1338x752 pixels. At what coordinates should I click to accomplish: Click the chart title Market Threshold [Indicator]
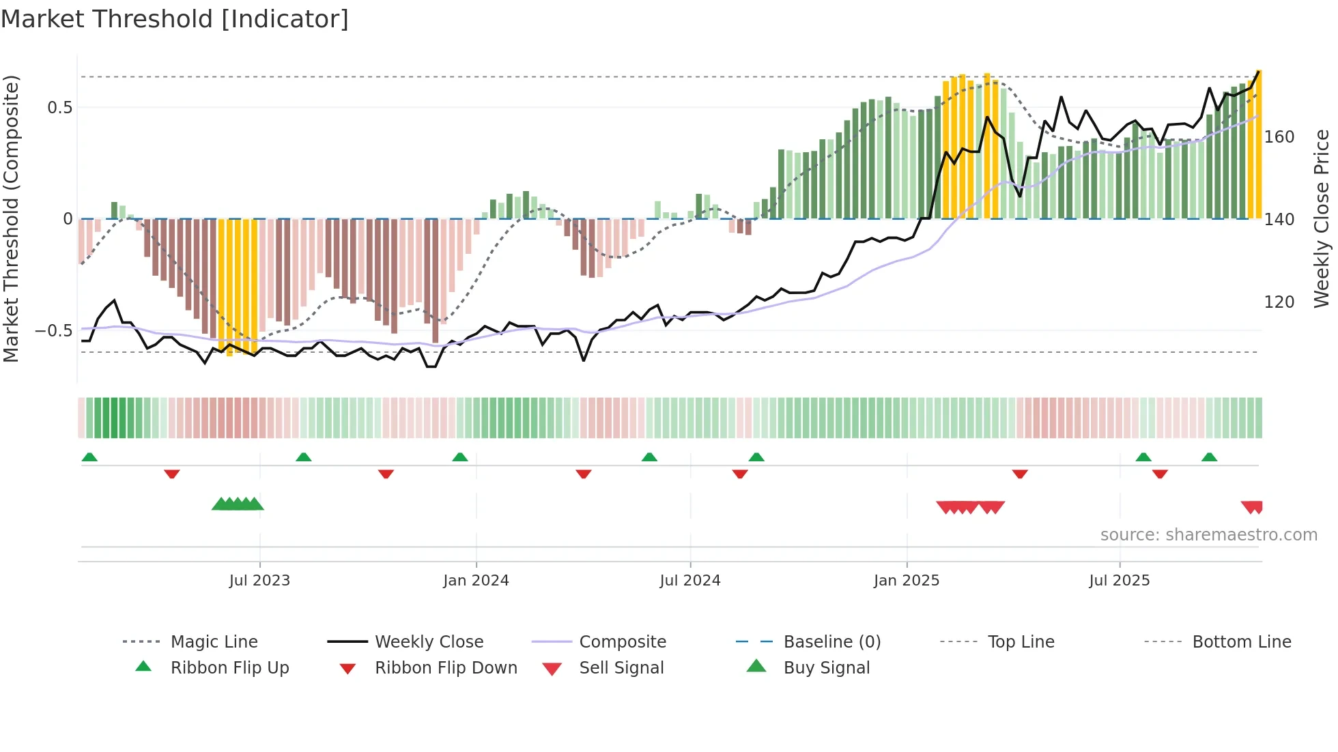[175, 19]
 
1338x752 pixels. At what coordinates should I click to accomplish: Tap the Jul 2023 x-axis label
[259, 581]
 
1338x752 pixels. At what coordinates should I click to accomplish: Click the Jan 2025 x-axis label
[907, 581]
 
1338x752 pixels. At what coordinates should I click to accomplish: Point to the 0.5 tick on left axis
[59, 108]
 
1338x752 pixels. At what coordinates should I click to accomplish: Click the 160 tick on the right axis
[1279, 137]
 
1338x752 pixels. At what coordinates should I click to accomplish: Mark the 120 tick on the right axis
[1279, 302]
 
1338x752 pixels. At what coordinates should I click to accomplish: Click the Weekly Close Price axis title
[1322, 218]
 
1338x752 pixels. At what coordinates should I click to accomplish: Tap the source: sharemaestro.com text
[1208, 534]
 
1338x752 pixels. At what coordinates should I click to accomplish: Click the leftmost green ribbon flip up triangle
[89, 457]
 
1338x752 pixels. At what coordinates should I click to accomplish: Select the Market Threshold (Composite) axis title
[11, 218]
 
